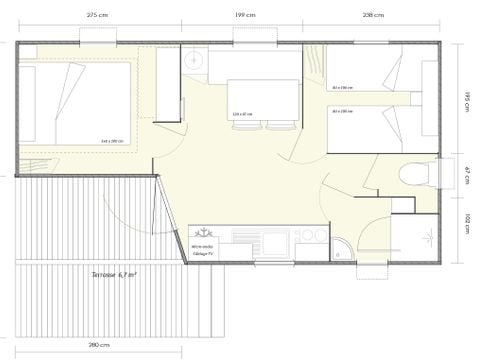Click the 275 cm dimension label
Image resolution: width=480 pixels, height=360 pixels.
click(x=97, y=16)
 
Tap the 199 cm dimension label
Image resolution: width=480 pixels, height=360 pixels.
click(x=243, y=16)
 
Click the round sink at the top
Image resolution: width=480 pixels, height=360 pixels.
click(x=194, y=63)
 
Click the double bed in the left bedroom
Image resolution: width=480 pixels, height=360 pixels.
click(x=80, y=103)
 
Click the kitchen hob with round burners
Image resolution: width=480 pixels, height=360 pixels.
click(x=313, y=236)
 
